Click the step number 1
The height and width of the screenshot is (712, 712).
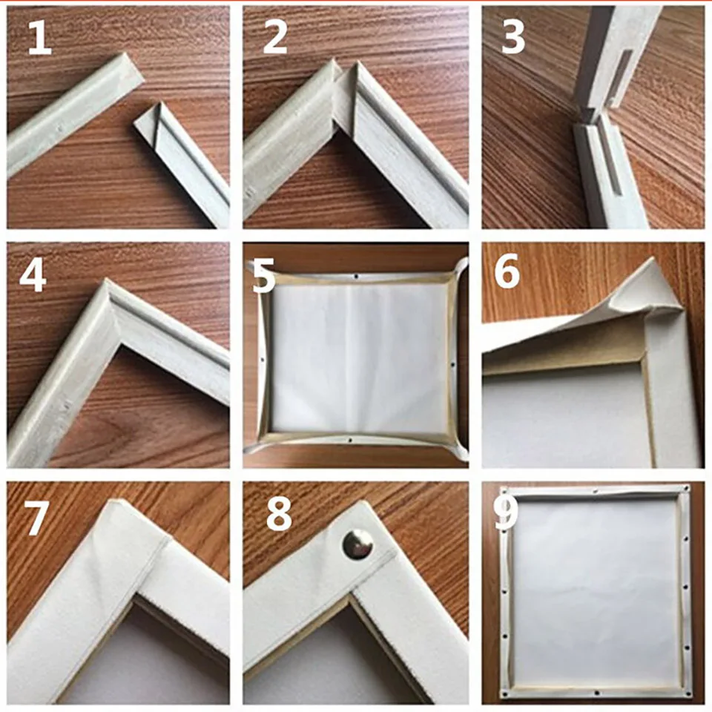(x=40, y=38)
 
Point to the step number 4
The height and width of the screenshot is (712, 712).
(x=32, y=276)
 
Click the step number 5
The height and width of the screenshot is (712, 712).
(x=264, y=275)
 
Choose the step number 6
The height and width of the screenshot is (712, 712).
(x=507, y=271)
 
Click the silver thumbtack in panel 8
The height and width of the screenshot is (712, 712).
(x=357, y=544)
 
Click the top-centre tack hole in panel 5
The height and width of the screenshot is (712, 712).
(x=357, y=276)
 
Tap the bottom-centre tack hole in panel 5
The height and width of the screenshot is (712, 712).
(x=350, y=440)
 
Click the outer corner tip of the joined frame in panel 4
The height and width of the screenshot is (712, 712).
(x=105, y=280)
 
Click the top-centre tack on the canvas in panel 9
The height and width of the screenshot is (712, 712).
(x=596, y=491)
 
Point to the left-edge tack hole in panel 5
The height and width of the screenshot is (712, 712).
(x=263, y=360)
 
